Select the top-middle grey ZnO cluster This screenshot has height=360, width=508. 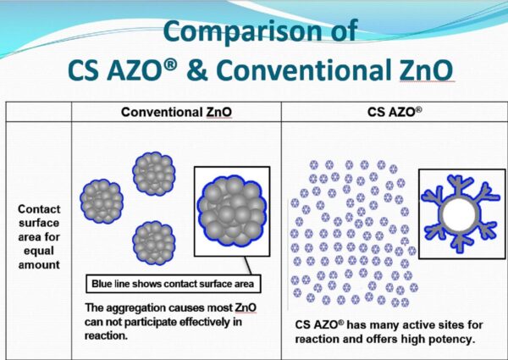(153, 174)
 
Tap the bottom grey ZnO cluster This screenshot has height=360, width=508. (153, 241)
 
